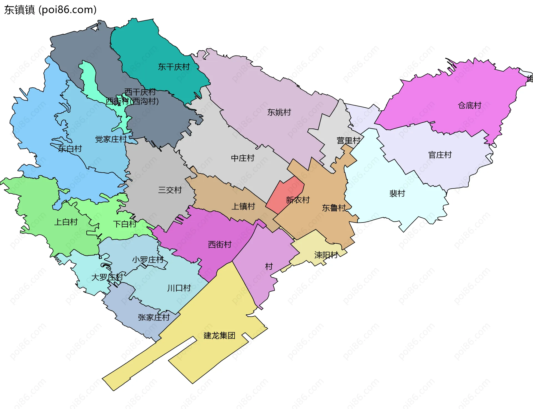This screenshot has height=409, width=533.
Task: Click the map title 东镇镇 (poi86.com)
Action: [x=50, y=10]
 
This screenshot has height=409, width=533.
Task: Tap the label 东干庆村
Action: [x=174, y=67]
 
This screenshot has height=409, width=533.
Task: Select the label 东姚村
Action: [x=279, y=112]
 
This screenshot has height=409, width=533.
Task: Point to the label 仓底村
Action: [x=469, y=105]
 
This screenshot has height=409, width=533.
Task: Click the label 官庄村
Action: [x=440, y=155]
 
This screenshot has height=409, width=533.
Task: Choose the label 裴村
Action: [x=397, y=193]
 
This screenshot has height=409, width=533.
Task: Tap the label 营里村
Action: [x=348, y=141]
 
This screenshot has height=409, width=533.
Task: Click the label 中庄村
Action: [x=243, y=158]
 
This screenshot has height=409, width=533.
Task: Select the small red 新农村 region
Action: [x=283, y=194]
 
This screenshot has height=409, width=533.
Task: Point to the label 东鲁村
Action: [x=334, y=208]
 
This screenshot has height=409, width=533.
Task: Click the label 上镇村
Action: [x=243, y=206]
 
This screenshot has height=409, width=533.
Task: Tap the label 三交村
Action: [x=170, y=190]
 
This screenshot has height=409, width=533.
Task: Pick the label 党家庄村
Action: [x=111, y=139]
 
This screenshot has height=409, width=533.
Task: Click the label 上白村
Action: [x=66, y=222]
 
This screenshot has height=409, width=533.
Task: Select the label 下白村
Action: [x=125, y=224]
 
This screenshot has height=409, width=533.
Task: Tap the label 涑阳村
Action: [x=326, y=255]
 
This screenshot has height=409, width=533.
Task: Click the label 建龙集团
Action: [x=219, y=335]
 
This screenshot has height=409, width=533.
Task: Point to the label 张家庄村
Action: [x=154, y=317]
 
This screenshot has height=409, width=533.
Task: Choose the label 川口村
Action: [x=179, y=288]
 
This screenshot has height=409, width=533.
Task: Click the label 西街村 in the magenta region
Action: [x=220, y=244]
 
